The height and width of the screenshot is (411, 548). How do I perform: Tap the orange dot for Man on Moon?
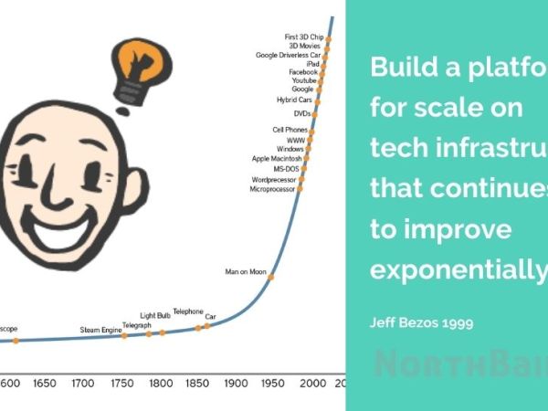[x=270, y=277]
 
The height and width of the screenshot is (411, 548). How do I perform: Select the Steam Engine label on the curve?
[x=100, y=330]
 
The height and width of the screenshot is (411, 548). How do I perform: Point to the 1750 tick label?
[x=121, y=384]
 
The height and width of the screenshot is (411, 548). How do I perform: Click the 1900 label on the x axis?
[x=237, y=384]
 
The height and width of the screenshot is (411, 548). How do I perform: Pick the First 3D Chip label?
[x=303, y=37]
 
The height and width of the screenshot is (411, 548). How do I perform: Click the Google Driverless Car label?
[x=288, y=55]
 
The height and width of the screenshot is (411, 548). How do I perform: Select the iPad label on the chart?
[x=311, y=63]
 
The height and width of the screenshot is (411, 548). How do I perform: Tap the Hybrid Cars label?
[x=294, y=100]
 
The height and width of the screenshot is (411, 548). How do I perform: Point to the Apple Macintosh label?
[x=277, y=159]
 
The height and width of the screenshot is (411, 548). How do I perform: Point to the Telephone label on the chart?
[x=188, y=311]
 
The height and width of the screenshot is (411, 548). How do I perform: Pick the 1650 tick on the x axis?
[x=45, y=384]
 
